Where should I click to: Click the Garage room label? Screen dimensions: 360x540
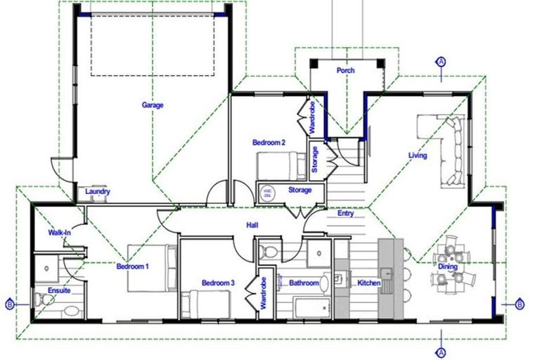[153, 105]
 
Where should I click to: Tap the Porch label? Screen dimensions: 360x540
[345, 70]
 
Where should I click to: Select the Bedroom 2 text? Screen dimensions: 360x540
[269, 143]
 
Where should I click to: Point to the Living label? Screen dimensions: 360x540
[418, 155]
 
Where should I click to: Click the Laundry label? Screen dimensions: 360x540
[96, 191]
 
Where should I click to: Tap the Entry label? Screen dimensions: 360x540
[345, 214]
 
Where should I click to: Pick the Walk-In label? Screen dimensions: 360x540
[59, 232]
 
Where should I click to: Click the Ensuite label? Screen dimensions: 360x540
[58, 290]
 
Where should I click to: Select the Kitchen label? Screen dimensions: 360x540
[369, 283]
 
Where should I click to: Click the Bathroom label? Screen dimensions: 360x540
[304, 283]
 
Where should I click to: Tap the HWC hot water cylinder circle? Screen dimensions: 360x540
[267, 191]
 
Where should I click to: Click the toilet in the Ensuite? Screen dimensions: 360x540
[46, 300]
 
